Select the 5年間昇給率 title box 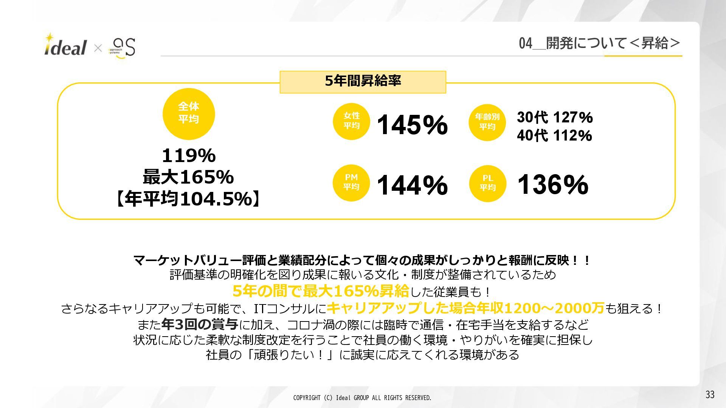(363, 82)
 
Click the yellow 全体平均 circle (189, 114)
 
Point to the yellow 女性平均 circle (351, 121)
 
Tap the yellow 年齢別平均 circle (487, 122)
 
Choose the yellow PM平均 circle (351, 182)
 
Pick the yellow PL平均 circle (487, 183)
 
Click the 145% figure (412, 125)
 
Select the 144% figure (412, 185)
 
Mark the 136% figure (552, 185)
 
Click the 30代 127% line (555, 117)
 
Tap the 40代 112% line (554, 135)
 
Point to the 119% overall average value (189, 155)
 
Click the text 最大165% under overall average (188, 177)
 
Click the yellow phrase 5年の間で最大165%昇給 (321, 291)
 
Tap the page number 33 (710, 394)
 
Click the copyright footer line (362, 398)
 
